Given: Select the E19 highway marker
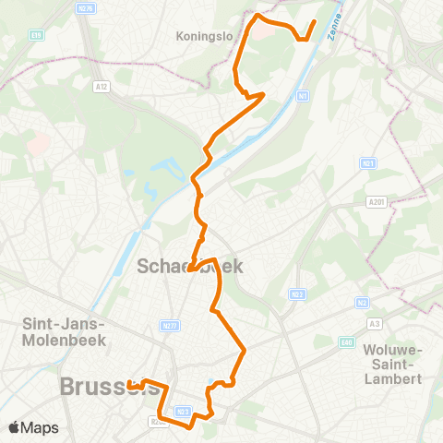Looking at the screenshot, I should click(36, 35).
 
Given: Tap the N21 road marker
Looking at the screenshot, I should click(368, 162).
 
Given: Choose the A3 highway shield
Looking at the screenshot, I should click(374, 323).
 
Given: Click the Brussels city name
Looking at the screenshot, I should click(106, 387).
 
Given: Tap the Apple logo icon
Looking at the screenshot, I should click(15, 427).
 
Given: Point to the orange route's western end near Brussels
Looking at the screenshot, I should click(130, 385).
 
